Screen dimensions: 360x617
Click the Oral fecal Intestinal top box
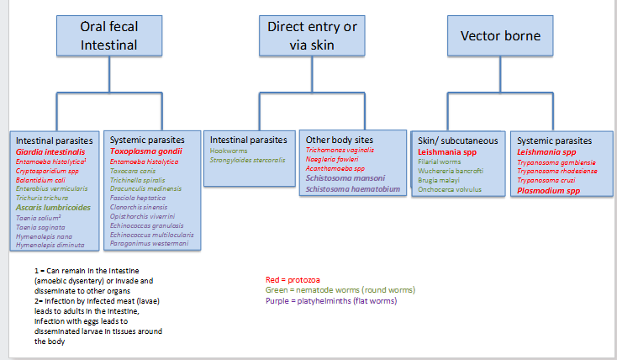tap(109, 34)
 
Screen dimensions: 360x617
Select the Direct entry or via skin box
tap(313, 34)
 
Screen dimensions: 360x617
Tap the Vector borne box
tap(500, 36)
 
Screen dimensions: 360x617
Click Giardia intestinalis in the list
tap(50, 151)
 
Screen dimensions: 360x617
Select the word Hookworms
tap(229, 150)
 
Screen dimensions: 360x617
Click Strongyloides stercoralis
tap(248, 159)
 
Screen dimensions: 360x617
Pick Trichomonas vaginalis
tap(340, 150)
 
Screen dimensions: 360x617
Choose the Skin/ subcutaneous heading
tap(458, 140)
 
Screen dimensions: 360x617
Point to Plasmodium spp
tap(548, 191)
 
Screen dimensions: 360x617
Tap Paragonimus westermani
tap(150, 244)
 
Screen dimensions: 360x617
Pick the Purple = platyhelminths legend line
tap(330, 300)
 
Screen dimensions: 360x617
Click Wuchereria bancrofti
tap(454, 171)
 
